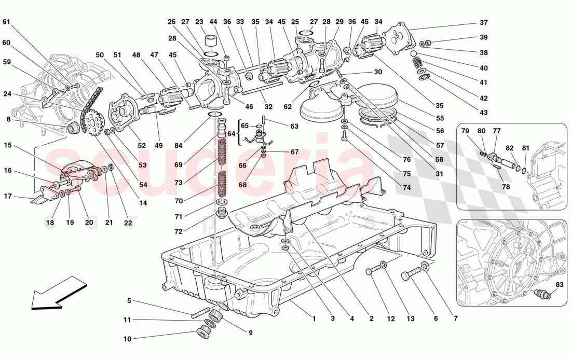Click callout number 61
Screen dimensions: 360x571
coord(6,22)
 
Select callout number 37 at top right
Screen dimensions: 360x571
coord(483,23)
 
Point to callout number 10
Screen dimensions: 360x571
coord(128,339)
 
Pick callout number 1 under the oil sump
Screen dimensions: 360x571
coord(314,319)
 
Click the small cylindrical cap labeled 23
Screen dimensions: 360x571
coord(211,41)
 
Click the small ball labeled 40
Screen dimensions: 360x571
coord(413,53)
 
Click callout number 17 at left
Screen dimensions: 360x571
coord(8,196)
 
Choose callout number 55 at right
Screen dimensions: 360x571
coord(440,118)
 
